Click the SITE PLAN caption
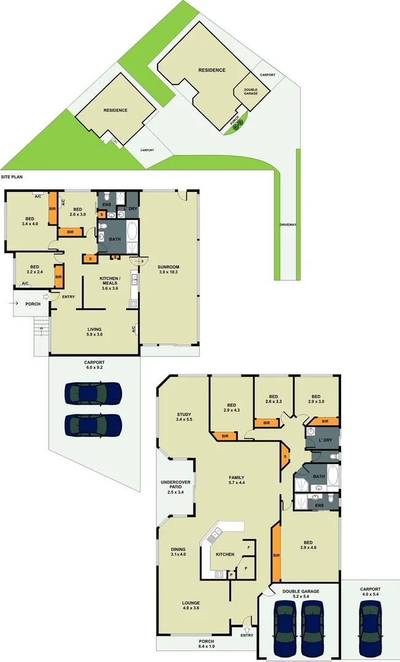(x=12, y=176)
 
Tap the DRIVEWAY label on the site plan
(x=288, y=225)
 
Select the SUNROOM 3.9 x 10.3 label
(x=168, y=270)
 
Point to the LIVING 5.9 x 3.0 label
(x=94, y=332)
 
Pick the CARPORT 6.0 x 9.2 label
(x=94, y=365)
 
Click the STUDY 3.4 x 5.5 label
(x=184, y=417)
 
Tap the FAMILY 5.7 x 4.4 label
(x=236, y=480)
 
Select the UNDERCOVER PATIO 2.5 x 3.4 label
(x=175, y=487)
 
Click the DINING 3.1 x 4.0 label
(x=178, y=552)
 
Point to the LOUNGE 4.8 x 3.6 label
(x=191, y=605)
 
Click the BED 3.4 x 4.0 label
(x=29, y=221)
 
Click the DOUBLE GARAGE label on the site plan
(x=250, y=91)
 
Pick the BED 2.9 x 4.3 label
(x=231, y=408)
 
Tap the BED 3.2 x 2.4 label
(x=34, y=270)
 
